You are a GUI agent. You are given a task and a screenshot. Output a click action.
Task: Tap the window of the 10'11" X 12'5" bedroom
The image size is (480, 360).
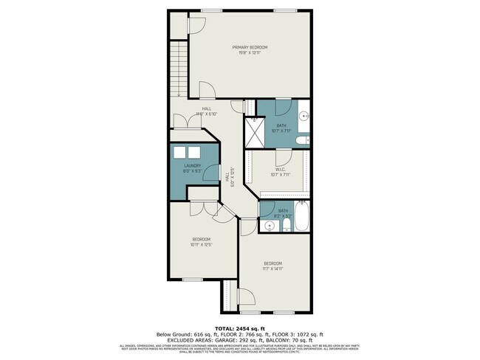193,279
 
